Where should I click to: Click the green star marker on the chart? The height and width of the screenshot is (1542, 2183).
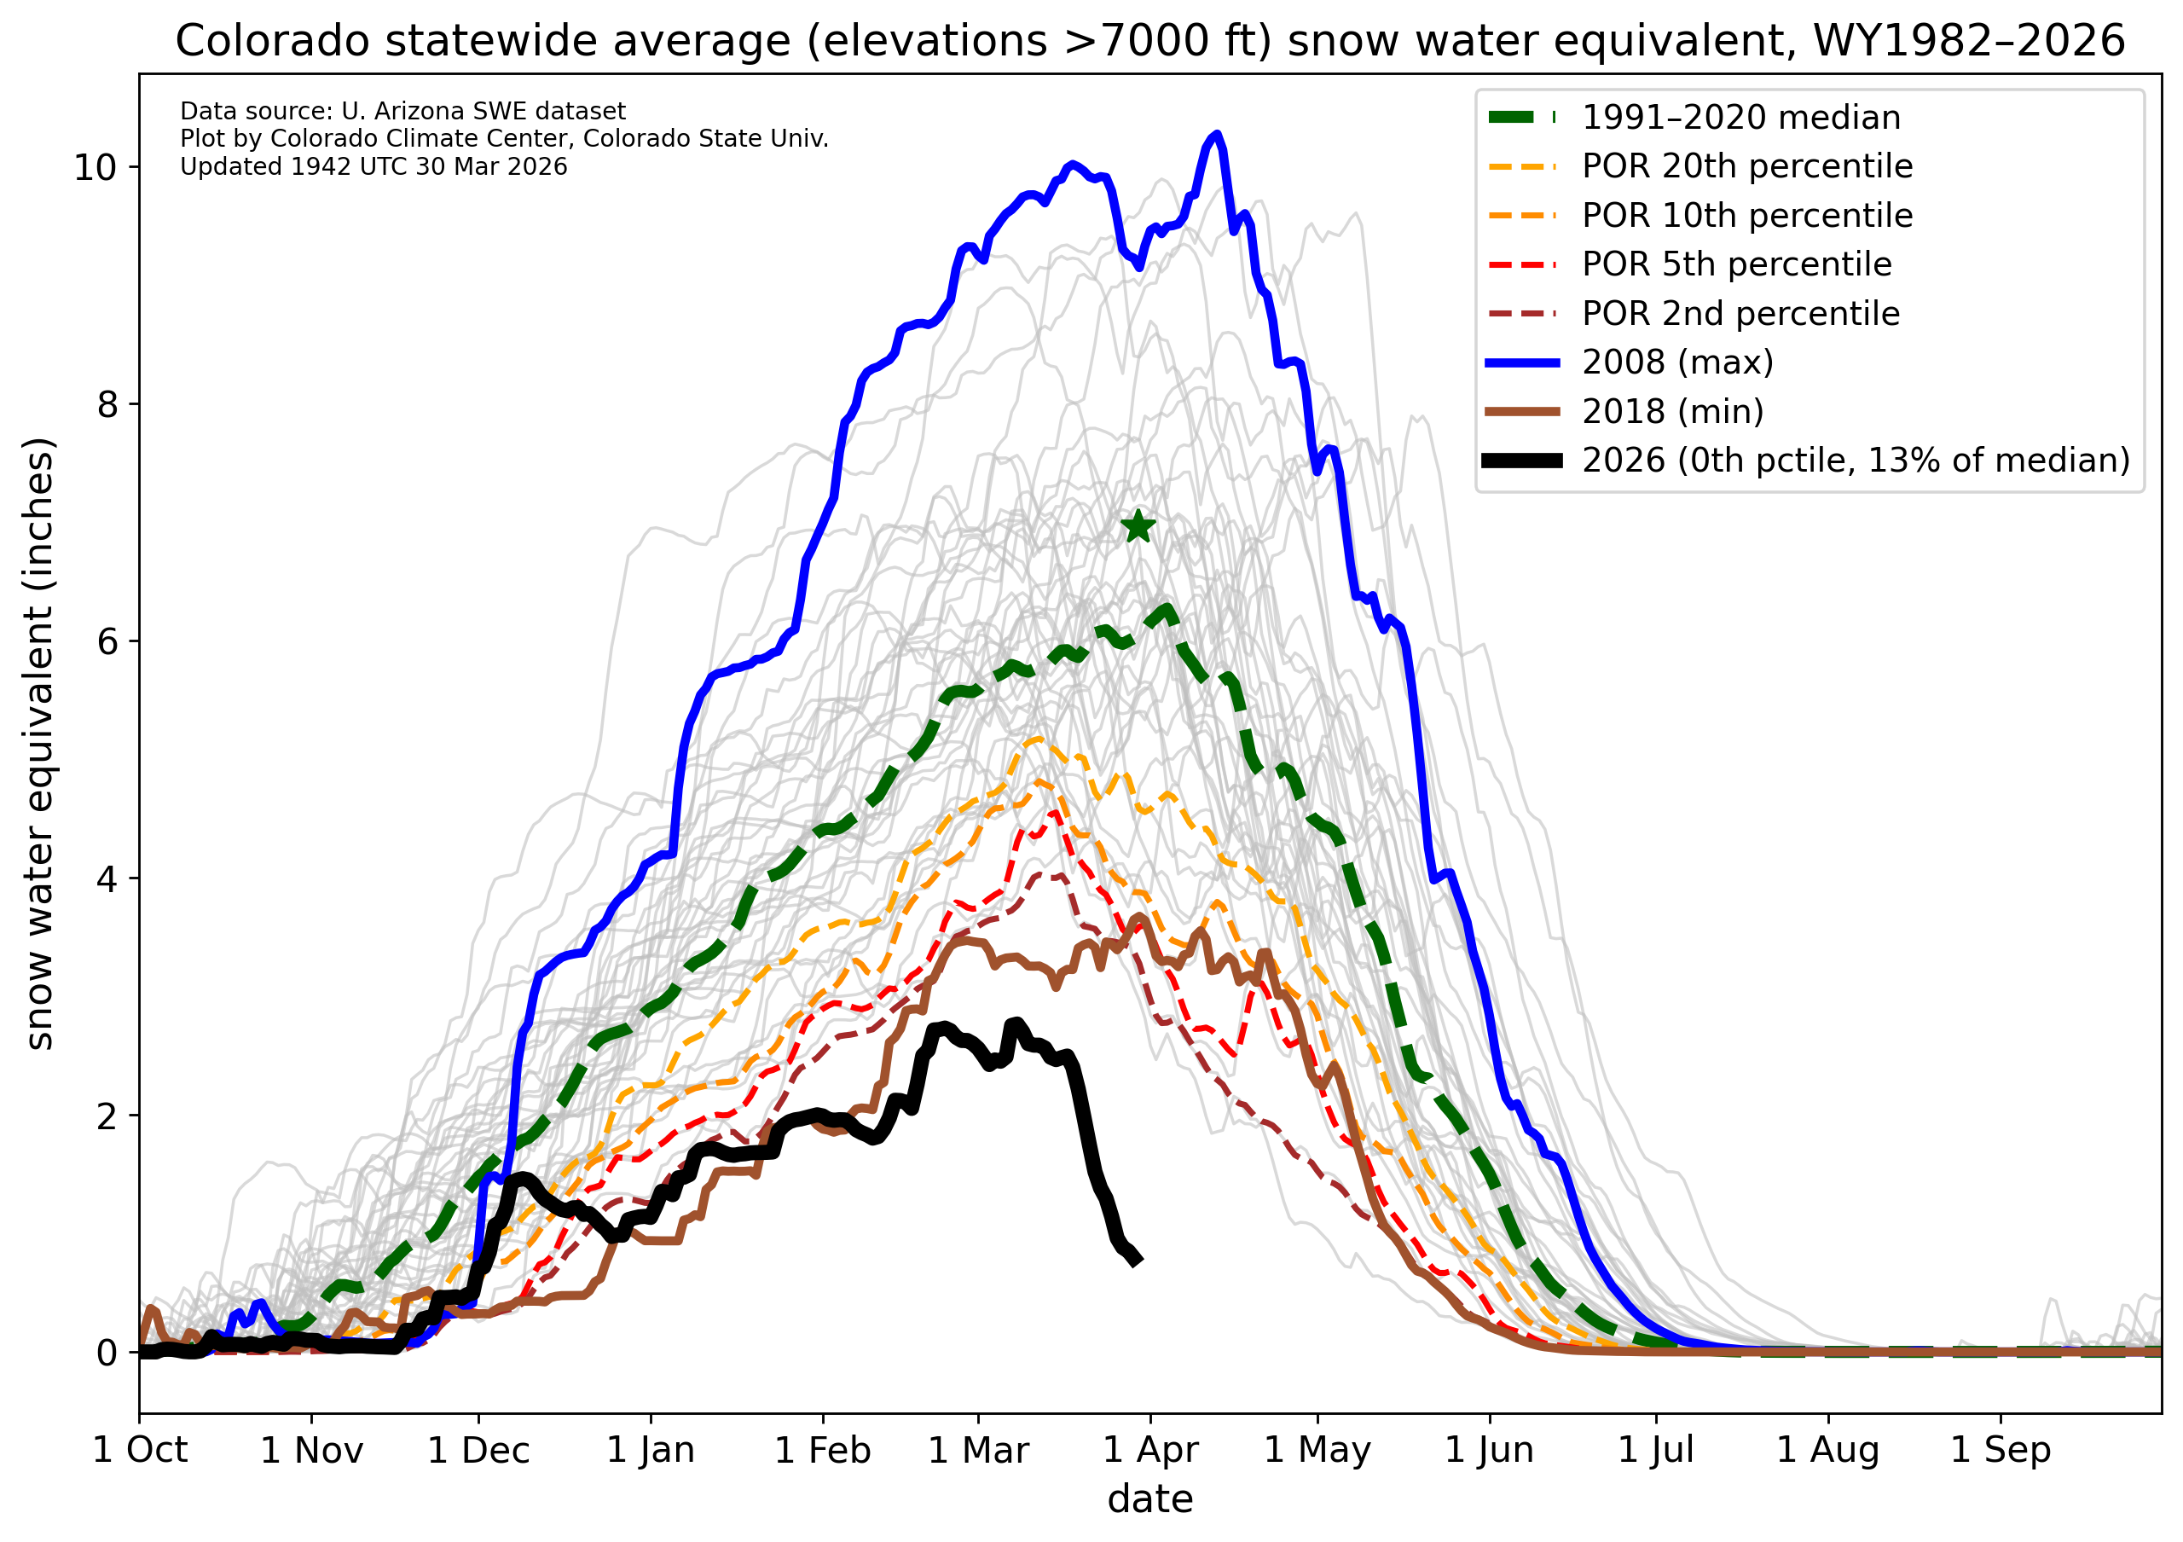click(x=1138, y=527)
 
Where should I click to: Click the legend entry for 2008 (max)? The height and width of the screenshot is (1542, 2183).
click(x=1677, y=362)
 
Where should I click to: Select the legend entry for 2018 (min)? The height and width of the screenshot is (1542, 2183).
click(x=1672, y=412)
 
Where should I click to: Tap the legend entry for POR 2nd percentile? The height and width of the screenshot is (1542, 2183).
click(x=1740, y=314)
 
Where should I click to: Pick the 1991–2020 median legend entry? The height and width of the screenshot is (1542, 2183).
click(x=1740, y=118)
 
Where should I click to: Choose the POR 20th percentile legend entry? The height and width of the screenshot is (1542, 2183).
click(x=1746, y=166)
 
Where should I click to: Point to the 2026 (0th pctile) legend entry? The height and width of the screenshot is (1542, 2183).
click(x=1854, y=461)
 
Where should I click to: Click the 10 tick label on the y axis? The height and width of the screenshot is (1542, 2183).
click(x=94, y=168)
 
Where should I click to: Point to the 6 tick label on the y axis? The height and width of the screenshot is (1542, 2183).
click(x=106, y=641)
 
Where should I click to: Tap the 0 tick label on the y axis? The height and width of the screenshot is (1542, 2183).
click(x=106, y=1352)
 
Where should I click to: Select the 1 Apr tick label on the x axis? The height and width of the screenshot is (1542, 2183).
click(x=1150, y=1451)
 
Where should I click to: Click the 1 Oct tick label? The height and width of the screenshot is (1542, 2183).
click(x=140, y=1451)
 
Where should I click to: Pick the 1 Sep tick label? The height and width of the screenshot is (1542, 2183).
click(x=2001, y=1451)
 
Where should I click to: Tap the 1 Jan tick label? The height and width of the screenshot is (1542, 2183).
click(x=651, y=1451)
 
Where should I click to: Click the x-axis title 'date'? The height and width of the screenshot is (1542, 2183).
click(x=1150, y=1500)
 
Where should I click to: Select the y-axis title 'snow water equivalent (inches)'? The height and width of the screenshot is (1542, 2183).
click(x=40, y=744)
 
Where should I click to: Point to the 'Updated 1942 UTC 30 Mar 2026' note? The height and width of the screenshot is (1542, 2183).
click(x=373, y=167)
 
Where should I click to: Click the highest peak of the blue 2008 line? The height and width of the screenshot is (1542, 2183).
click(x=1216, y=135)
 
